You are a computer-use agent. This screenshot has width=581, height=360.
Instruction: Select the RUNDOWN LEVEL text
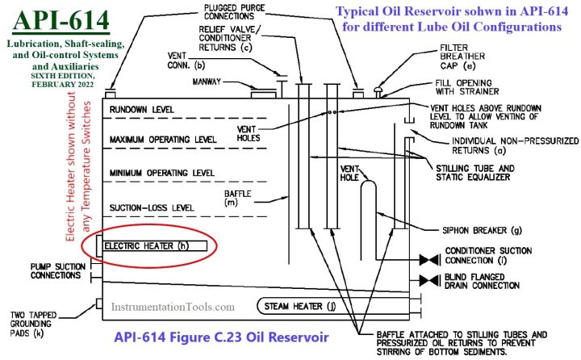coord(142,110)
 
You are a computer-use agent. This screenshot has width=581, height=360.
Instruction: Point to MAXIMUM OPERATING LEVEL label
coord(164,140)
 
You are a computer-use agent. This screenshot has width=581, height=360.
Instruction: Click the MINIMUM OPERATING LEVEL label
coord(161,173)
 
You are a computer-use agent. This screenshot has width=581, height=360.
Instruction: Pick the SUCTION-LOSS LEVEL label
coord(152,207)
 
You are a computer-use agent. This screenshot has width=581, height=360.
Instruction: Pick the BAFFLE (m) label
coord(241,199)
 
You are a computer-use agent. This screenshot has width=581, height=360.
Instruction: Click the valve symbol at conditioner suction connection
coord(428,261)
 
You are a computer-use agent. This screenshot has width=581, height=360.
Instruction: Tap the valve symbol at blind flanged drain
coord(428,280)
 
